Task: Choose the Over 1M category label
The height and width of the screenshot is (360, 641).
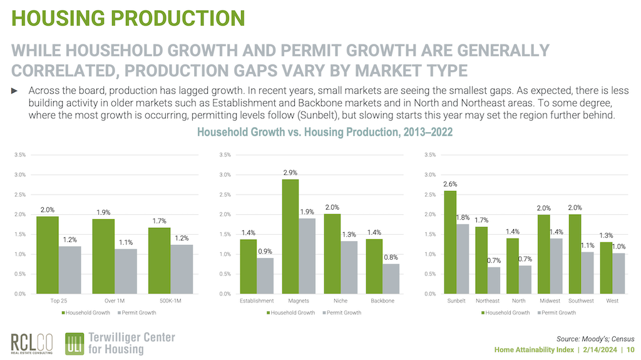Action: [x=115, y=301]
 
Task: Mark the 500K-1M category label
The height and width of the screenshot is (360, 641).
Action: [x=172, y=301]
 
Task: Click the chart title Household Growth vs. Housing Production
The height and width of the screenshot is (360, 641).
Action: [x=325, y=132]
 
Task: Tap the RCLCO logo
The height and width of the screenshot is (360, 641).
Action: [x=32, y=342]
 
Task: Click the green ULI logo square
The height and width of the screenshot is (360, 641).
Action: [x=75, y=343]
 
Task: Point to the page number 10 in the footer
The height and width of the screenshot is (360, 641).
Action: [x=630, y=349]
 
